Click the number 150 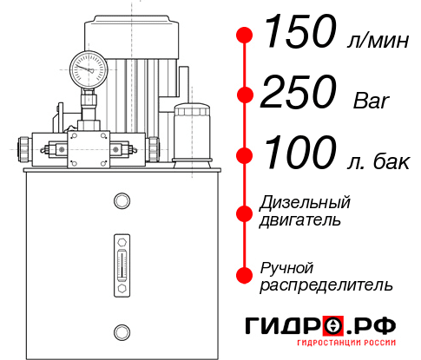click(299, 35)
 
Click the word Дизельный click(306, 203)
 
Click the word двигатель click(301, 220)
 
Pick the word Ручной click(287, 267)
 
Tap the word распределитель click(326, 285)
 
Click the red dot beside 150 click(245, 36)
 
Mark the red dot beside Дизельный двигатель click(245, 212)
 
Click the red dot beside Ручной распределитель click(245, 275)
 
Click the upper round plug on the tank click(122, 201)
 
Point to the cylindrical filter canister click(193, 133)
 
